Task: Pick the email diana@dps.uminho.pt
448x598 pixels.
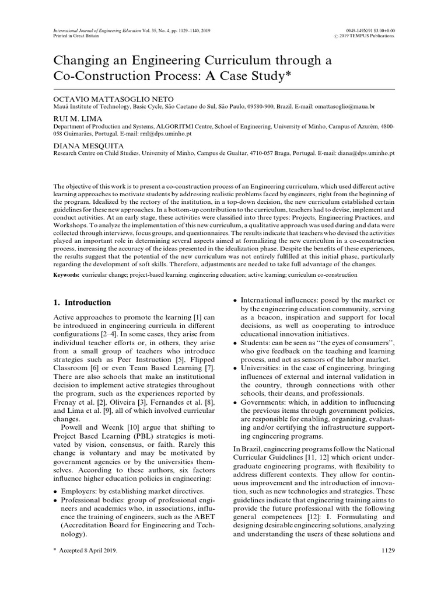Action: point(367,151)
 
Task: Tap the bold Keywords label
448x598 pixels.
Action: point(66,274)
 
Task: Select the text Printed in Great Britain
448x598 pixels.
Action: point(75,35)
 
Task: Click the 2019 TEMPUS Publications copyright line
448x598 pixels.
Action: point(363,36)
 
